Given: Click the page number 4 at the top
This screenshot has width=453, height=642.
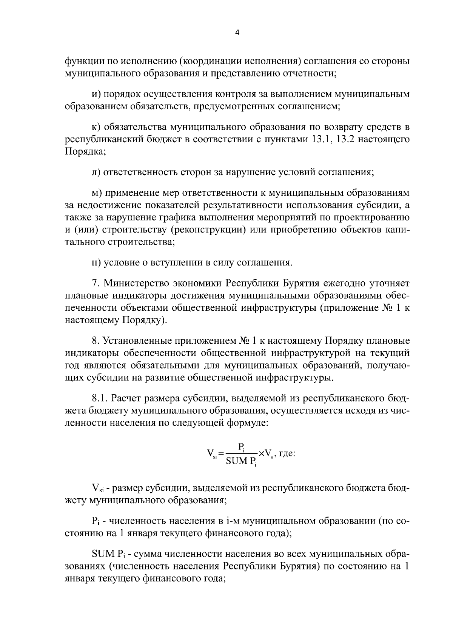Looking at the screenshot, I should (237, 33).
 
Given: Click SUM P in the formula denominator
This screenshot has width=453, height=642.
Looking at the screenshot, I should (239, 461).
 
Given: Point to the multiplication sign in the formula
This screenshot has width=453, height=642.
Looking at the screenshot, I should (261, 453).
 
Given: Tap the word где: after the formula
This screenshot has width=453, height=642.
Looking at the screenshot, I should (286, 453).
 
